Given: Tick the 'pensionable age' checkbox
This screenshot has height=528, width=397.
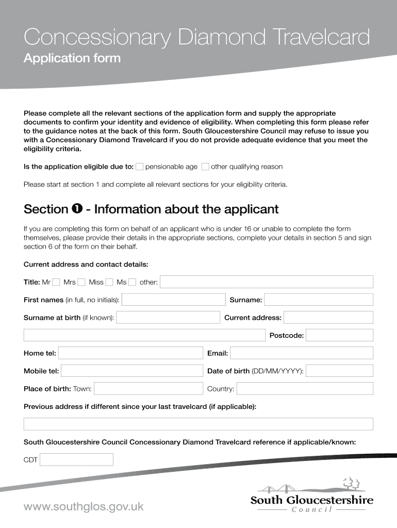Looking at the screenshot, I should pos(139,167).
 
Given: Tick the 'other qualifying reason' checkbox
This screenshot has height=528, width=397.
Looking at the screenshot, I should pos(205,167).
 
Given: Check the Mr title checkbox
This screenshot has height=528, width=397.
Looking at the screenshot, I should pos(56,282).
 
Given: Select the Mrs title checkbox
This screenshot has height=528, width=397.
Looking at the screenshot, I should pos(81,282).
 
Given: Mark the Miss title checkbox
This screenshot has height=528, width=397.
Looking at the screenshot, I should pos(109,282).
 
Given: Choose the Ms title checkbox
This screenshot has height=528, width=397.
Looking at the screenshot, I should pos(133,282).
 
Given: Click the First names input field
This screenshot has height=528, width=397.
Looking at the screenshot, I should pos(173,300).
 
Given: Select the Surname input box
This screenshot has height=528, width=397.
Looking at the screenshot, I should pos(319,300).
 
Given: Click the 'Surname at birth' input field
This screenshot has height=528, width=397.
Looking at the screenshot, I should pos(168,318).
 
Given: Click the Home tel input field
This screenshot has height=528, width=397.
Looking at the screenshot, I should pos(131,353).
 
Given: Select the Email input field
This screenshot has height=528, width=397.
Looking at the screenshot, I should pos(301,353).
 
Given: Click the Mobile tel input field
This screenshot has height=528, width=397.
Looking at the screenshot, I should pos(132,371).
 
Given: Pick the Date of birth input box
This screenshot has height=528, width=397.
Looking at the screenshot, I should pos(339,371).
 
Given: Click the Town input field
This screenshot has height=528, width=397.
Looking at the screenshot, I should pos(148,389).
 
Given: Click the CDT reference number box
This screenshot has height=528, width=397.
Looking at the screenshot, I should pos(76,459).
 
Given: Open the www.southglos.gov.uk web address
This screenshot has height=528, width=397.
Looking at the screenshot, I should pos(84,506).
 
